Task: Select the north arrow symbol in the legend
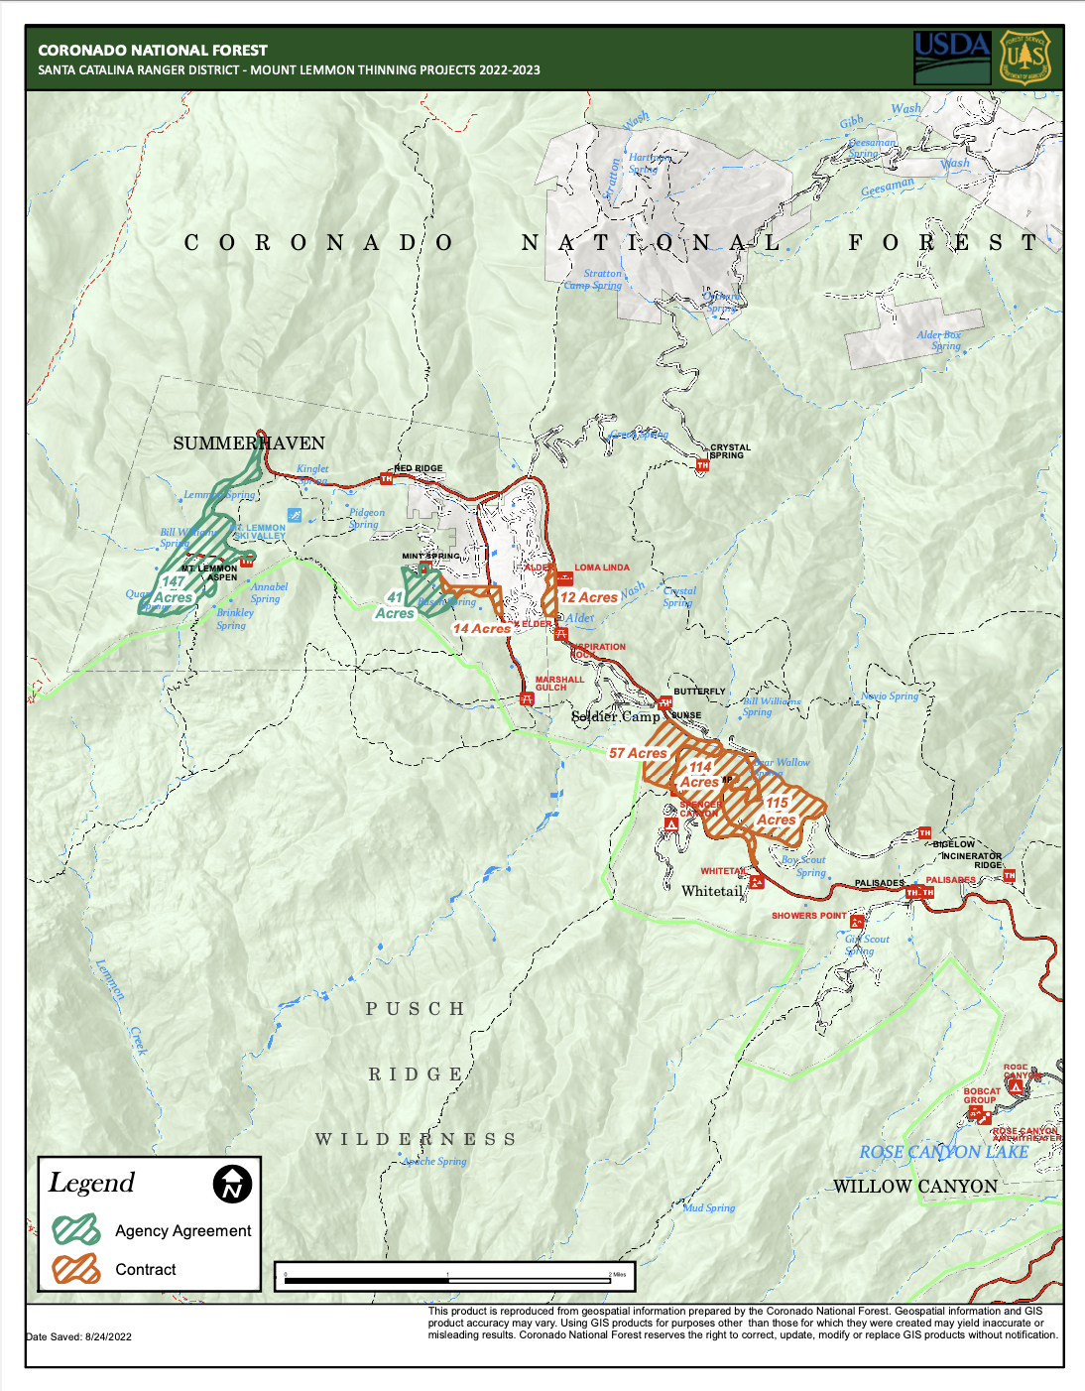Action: pyautogui.click(x=232, y=1184)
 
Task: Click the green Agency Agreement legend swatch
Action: pyautogui.click(x=76, y=1230)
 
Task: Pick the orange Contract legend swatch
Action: pyautogui.click(x=76, y=1269)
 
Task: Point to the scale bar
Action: pyautogui.click(x=455, y=1280)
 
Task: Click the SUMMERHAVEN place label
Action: pyautogui.click(x=249, y=443)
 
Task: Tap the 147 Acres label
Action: pyautogui.click(x=174, y=590)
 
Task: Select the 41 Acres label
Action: pyautogui.click(x=395, y=605)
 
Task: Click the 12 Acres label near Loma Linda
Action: pyautogui.click(x=588, y=597)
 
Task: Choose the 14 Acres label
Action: pyautogui.click(x=481, y=628)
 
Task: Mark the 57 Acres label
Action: pyautogui.click(x=638, y=753)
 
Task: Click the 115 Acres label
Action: pyautogui.click(x=777, y=812)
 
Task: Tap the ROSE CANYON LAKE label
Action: pyautogui.click(x=943, y=1152)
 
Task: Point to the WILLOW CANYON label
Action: pyautogui.click(x=914, y=1187)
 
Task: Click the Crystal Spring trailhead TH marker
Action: pyautogui.click(x=702, y=465)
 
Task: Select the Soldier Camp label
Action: pyautogui.click(x=615, y=716)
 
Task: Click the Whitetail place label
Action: pyautogui.click(x=711, y=891)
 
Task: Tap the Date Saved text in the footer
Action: pyautogui.click(x=79, y=1336)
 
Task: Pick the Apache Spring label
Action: pyautogui.click(x=434, y=1161)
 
